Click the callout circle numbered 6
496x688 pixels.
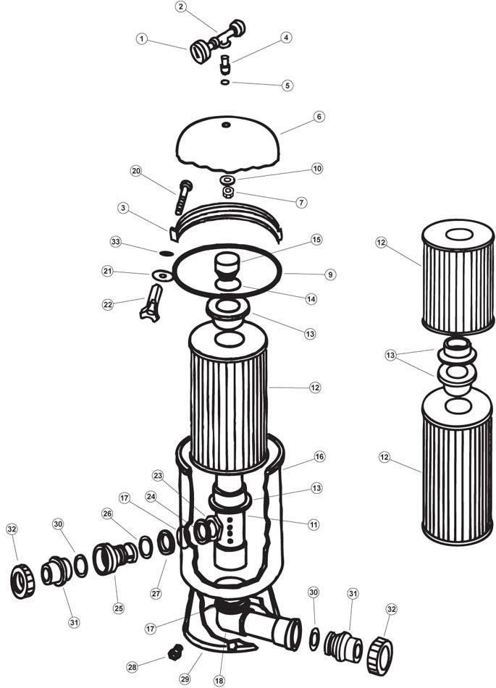point(319,117)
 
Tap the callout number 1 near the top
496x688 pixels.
point(141,39)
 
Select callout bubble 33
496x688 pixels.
point(115,242)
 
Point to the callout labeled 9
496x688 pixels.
point(329,274)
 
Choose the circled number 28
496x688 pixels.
point(132,667)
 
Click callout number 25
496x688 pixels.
point(119,608)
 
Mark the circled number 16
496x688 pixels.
point(319,457)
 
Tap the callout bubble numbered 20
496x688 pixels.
point(136,171)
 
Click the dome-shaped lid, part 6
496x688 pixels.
point(227,144)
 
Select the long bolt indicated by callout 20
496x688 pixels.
point(184,197)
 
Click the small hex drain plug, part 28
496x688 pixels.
point(175,653)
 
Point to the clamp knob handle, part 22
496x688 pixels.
point(151,302)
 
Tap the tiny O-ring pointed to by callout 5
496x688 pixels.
point(225,82)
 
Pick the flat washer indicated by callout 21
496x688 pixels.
point(162,275)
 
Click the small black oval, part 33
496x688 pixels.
point(167,253)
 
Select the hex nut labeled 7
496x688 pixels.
point(227,192)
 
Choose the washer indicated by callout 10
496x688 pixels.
point(227,180)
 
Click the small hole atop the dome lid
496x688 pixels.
point(227,125)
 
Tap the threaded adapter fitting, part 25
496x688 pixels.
point(115,558)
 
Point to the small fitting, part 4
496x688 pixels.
point(224,64)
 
